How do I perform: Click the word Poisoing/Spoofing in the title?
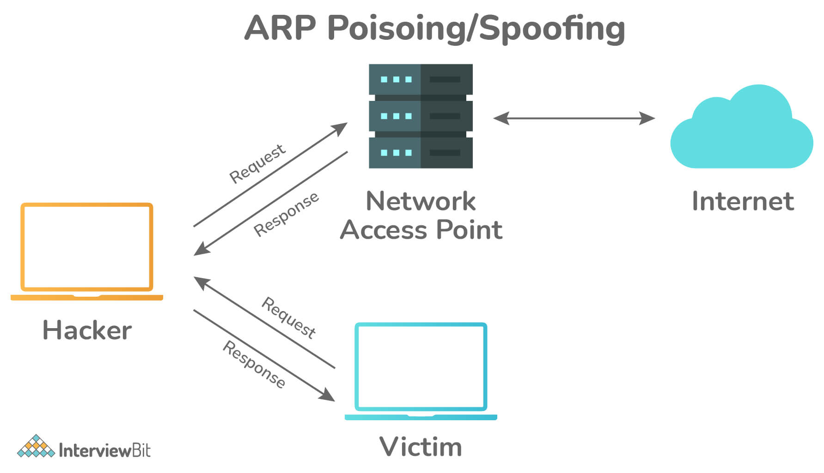[476, 29]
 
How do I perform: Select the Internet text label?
[743, 201]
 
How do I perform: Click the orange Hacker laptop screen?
[87, 247]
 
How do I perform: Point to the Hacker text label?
[87, 330]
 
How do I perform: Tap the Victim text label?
[421, 447]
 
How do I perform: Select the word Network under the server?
[421, 201]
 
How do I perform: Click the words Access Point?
[421, 230]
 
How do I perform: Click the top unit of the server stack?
[421, 79]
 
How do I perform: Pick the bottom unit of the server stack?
[421, 152]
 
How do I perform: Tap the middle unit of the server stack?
[421, 116]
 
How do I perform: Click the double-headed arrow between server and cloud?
[574, 118]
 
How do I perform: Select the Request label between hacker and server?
[257, 163]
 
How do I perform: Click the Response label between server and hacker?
[286, 214]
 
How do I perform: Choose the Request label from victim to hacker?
[289, 318]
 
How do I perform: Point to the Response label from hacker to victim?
[254, 364]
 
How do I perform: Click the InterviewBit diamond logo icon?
[36, 446]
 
